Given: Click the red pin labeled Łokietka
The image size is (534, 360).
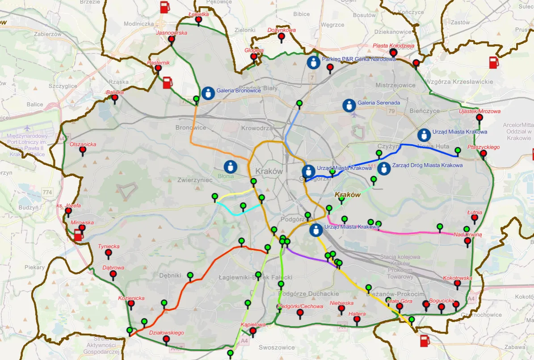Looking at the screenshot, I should (x=199, y=20).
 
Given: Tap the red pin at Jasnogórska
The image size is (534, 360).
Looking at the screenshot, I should (x=171, y=40).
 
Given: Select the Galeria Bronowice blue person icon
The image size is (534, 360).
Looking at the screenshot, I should (x=208, y=92).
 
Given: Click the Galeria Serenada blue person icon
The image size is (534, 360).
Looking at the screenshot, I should (x=349, y=105).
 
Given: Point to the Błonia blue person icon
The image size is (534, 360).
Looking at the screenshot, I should (x=230, y=167).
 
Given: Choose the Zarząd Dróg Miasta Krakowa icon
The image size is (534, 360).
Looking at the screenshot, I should (x=383, y=168).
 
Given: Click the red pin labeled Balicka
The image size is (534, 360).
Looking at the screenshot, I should (x=115, y=98).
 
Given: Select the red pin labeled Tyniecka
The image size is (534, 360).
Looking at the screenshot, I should (x=108, y=253).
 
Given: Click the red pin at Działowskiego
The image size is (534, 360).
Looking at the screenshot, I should (x=166, y=339).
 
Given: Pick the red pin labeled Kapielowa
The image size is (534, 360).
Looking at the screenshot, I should (x=253, y=331).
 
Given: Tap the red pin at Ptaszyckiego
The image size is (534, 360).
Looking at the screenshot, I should (x=483, y=154).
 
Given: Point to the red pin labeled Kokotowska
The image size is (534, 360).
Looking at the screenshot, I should (x=457, y=284).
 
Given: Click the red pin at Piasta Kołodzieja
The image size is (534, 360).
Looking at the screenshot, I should (x=393, y=53).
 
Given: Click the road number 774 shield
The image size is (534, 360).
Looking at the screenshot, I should (x=48, y=192).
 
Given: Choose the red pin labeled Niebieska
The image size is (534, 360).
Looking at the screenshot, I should (x=341, y=309).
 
